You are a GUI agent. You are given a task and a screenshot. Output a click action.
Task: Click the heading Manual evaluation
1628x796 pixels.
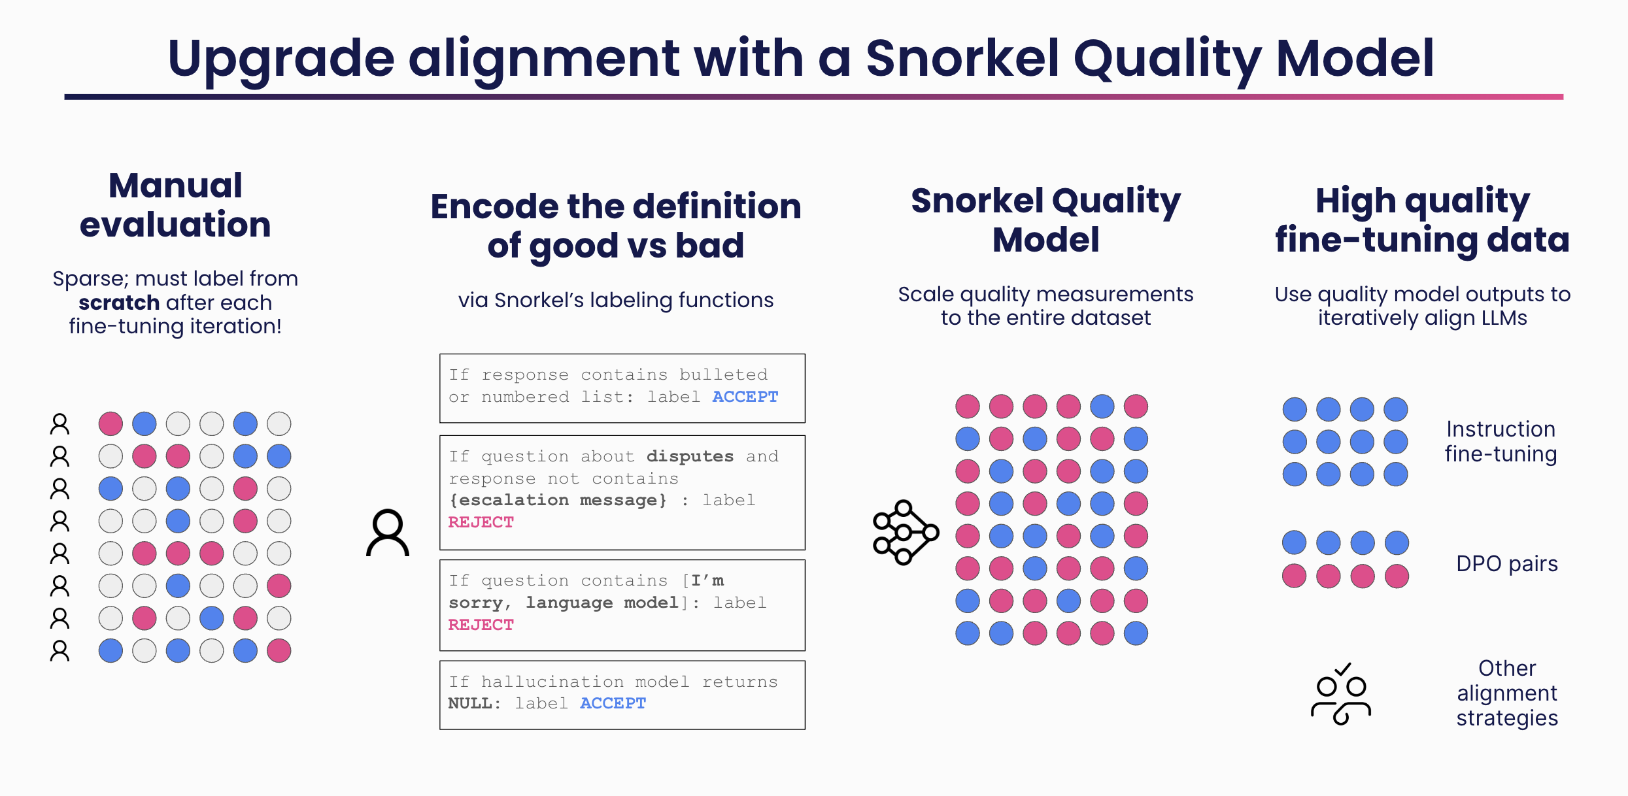coord(175,205)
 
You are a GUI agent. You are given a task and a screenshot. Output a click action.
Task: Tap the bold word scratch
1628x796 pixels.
coord(119,303)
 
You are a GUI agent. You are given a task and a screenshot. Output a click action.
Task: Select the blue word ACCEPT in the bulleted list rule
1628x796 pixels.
coord(745,397)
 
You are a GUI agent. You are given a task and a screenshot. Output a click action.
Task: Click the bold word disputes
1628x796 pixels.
coord(690,456)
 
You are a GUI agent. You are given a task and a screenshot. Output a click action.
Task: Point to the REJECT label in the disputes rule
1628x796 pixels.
coord(481,522)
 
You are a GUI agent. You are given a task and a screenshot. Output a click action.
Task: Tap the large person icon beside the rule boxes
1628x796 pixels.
coord(388,533)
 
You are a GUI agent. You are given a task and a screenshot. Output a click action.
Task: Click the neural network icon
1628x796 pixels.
coord(906,533)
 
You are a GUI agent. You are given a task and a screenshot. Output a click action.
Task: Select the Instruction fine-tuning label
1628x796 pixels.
coord(1501,441)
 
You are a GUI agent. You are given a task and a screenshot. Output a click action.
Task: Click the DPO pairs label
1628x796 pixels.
coord(1507,563)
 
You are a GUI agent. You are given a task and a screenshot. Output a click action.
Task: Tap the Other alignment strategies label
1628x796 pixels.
coord(1507,693)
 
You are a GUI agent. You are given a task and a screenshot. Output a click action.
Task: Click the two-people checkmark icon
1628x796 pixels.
coord(1341,694)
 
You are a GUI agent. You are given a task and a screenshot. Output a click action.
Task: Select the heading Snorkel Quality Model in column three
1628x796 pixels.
coord(1045,220)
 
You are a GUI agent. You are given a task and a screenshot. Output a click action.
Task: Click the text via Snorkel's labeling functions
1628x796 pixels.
coord(615,300)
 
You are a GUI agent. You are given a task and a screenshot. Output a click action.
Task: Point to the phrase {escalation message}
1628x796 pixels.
coord(558,501)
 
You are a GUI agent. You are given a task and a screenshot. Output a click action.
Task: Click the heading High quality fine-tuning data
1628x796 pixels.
coord(1422,220)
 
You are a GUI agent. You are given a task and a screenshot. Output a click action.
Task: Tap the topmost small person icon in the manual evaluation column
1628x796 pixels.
coord(59,424)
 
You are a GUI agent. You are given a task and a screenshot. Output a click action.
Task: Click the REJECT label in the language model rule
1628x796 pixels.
coord(481,625)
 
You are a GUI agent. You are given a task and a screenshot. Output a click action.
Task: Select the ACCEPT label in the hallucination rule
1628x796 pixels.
coord(613,703)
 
